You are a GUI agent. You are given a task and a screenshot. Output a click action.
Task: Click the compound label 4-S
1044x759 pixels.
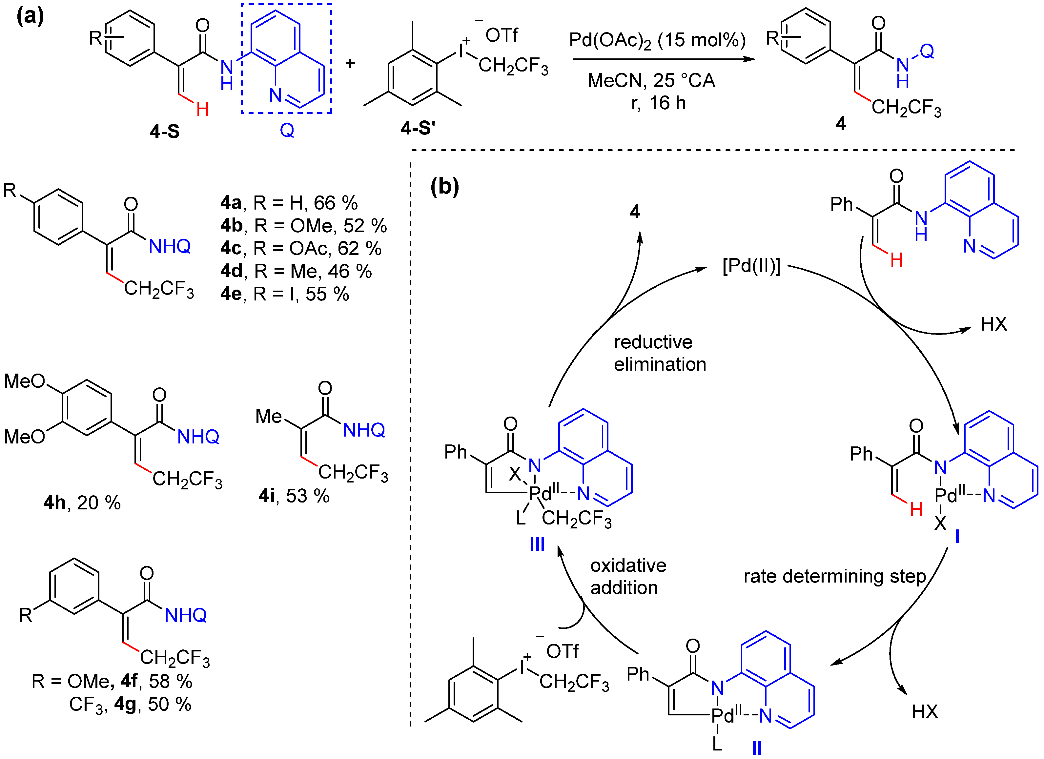[x=164, y=132]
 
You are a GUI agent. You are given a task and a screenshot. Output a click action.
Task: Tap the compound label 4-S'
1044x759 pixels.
[x=418, y=128]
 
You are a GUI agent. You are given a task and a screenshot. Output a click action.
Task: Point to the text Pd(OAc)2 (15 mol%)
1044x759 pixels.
[x=657, y=40]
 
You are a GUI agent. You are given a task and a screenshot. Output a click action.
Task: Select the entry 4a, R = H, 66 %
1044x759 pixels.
[x=289, y=203]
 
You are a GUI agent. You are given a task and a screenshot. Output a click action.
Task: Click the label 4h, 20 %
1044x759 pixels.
[x=82, y=503]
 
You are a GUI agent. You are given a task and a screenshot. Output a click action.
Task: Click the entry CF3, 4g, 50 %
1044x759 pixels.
[x=130, y=705]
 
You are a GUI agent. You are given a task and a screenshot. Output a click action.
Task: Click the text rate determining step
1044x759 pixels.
[x=834, y=576]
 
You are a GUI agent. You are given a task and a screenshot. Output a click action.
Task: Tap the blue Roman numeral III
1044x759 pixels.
[x=537, y=544]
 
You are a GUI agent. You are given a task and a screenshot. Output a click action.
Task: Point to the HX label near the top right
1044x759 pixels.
[x=994, y=324]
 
